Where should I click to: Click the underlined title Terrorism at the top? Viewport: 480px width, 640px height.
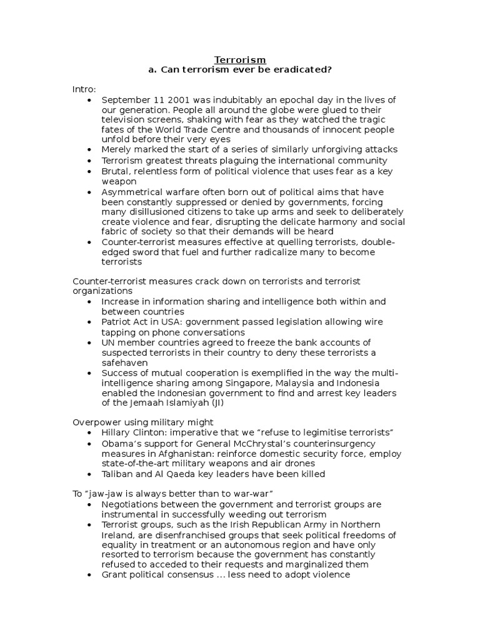point(240,59)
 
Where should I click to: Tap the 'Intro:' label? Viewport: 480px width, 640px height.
point(84,90)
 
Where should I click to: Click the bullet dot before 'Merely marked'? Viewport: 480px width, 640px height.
point(91,150)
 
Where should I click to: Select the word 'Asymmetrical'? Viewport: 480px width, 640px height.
point(129,191)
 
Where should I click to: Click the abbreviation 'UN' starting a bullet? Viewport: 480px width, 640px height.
point(108,342)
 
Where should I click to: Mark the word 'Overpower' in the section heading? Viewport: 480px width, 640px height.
point(94,423)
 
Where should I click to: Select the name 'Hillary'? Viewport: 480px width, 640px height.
point(117,433)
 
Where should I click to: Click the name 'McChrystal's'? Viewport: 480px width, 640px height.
point(256,444)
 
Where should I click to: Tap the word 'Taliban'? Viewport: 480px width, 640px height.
point(117,474)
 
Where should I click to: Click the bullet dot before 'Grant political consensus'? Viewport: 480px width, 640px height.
point(91,574)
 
